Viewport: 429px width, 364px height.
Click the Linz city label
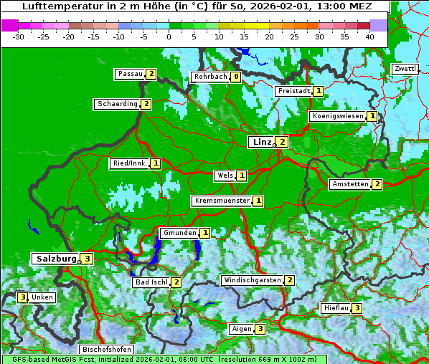pyautogui.click(x=261, y=142)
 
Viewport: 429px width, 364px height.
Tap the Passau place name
pyautogui.click(x=130, y=74)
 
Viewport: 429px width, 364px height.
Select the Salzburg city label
pyautogui.click(x=55, y=259)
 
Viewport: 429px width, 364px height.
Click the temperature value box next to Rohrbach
pyautogui.click(x=235, y=77)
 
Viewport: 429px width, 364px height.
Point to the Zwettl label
pyautogui.click(x=404, y=69)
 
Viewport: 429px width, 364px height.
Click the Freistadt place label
pyautogui.click(x=293, y=91)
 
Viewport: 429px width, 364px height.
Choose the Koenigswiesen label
pyautogui.click(x=337, y=116)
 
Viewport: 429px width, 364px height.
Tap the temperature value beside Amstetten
pyautogui.click(x=377, y=184)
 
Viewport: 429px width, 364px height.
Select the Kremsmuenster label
pyautogui.click(x=221, y=201)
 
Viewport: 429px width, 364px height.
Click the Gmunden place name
pyautogui.click(x=179, y=233)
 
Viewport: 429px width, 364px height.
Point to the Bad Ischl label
pyautogui.click(x=151, y=282)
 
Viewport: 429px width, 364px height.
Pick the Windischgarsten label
pyautogui.click(x=252, y=280)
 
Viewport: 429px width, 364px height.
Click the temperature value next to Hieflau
pyautogui.click(x=357, y=308)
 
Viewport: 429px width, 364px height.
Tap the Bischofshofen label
pyautogui.click(x=106, y=350)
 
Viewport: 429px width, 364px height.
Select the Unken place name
pyautogui.click(x=42, y=297)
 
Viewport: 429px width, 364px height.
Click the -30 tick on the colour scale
pyautogui.click(x=19, y=36)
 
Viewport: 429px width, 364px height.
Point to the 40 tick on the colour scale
pyautogui.click(x=369, y=36)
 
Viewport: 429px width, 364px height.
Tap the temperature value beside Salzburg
pyautogui.click(x=87, y=259)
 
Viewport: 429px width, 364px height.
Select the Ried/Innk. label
pyautogui.click(x=129, y=163)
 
